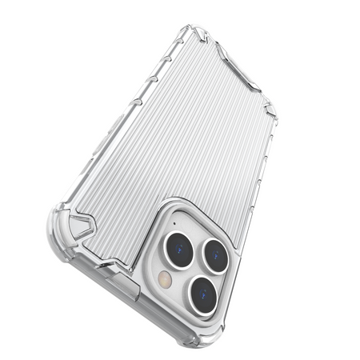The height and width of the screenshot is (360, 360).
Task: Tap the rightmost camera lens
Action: click(x=215, y=256)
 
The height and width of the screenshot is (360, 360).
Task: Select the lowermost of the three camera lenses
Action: click(x=204, y=294)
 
